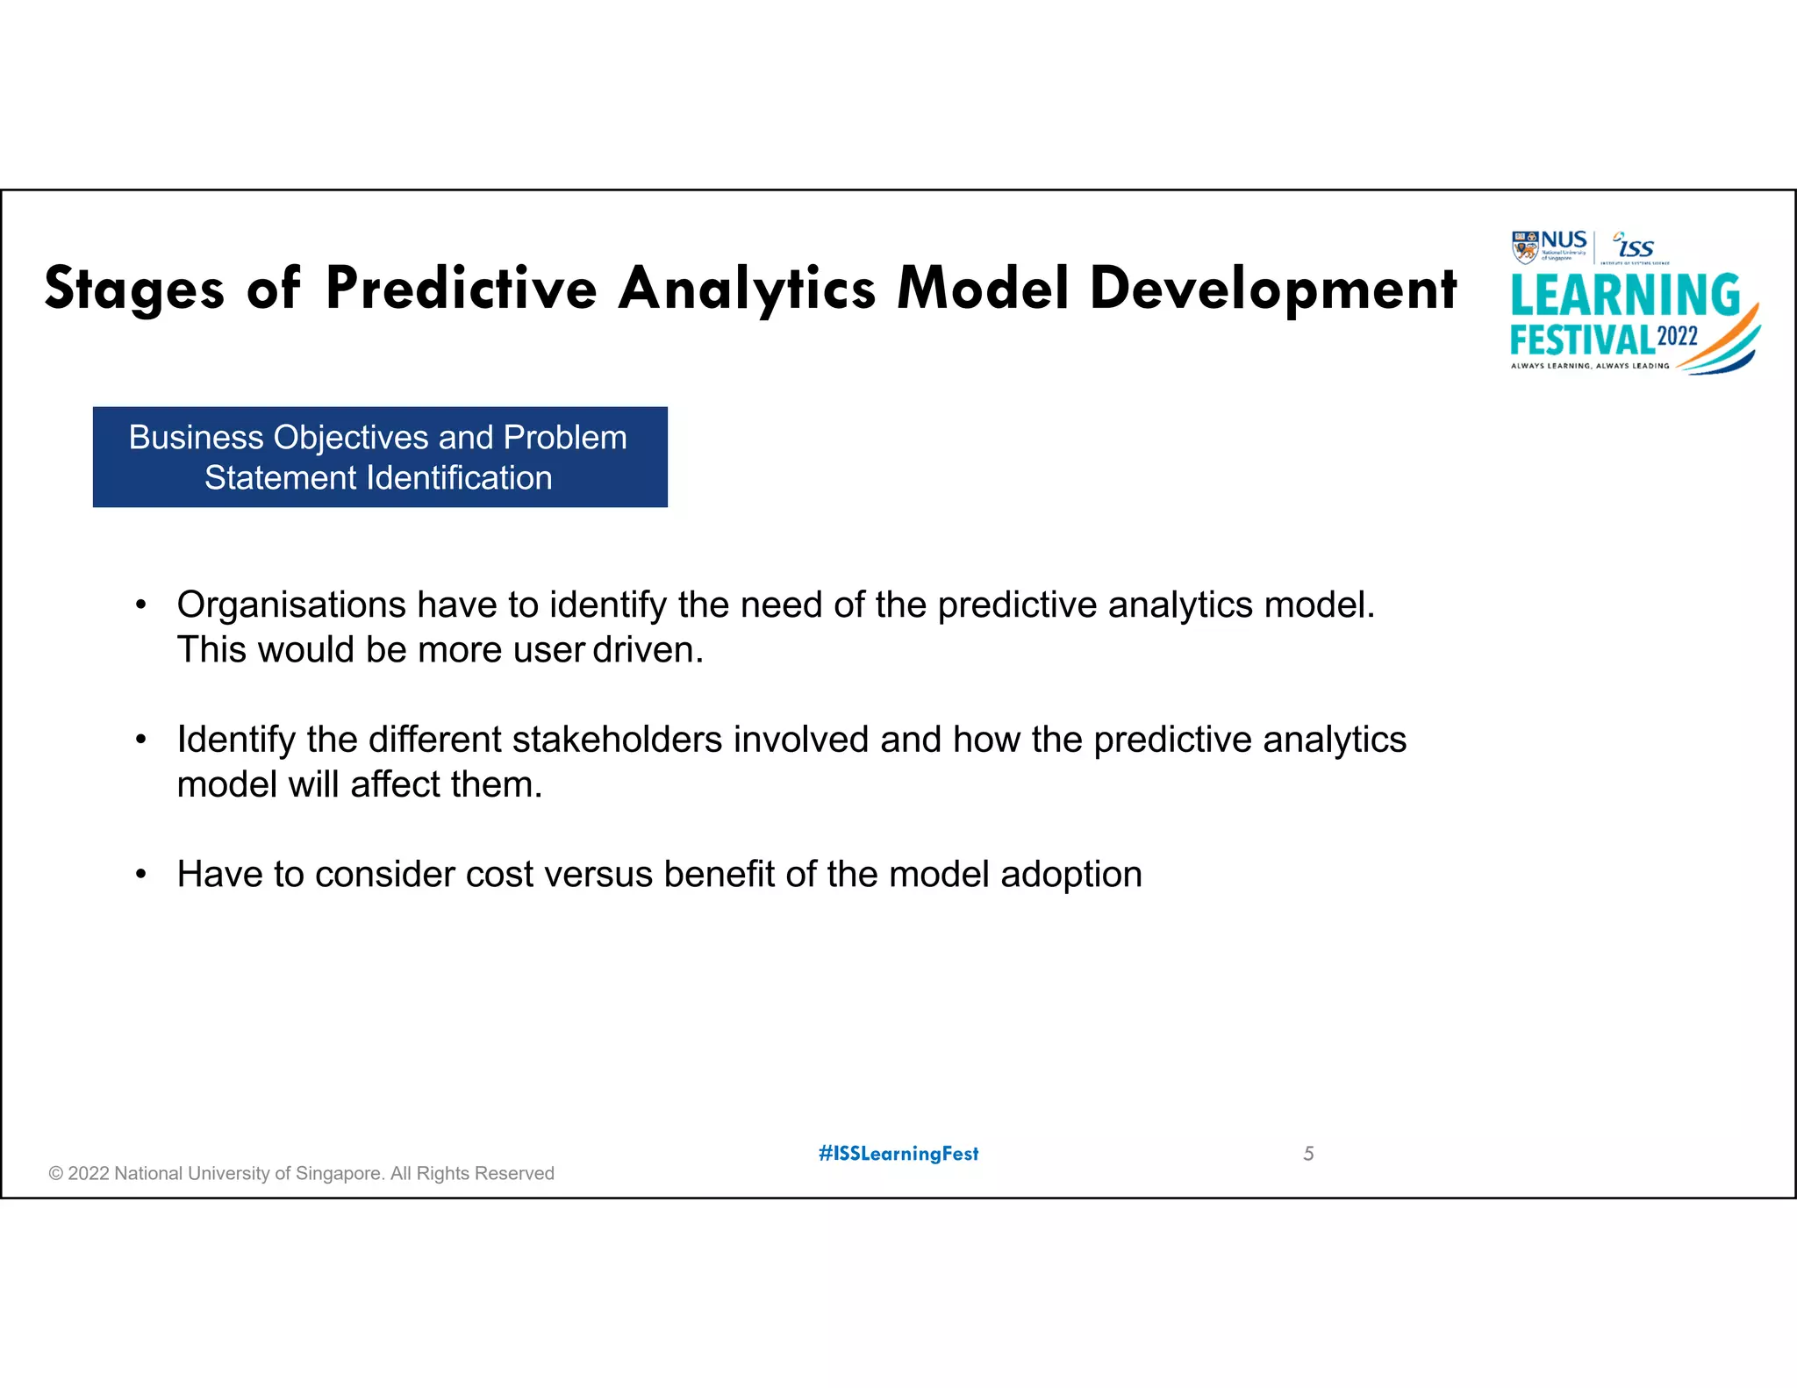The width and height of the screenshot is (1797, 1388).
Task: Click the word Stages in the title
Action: click(x=134, y=289)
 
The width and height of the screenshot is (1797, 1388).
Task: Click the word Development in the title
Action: click(x=1273, y=289)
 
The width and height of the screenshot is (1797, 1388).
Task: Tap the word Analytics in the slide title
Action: click(x=747, y=289)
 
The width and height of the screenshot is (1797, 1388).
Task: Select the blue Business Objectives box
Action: click(x=380, y=457)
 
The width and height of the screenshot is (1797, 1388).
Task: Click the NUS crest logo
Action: click(x=1525, y=247)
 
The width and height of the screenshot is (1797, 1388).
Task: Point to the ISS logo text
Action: click(x=1636, y=248)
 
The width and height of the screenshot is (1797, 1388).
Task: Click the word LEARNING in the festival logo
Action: click(x=1624, y=296)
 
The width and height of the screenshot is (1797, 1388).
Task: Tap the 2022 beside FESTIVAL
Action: click(x=1677, y=337)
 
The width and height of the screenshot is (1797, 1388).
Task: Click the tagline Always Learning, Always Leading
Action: click(x=1589, y=366)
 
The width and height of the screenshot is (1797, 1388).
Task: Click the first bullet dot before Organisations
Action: click(x=140, y=605)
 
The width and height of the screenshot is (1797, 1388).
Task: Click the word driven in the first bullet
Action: click(x=648, y=650)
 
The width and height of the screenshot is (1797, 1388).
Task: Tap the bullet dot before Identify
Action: click(x=140, y=740)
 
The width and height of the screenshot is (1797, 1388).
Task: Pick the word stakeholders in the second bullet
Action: click(x=617, y=740)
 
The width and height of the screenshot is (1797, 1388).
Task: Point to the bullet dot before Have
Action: click(x=140, y=875)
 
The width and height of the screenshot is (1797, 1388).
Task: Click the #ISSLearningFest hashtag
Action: click(x=898, y=1154)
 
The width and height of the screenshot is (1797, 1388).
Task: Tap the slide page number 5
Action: click(x=1308, y=1154)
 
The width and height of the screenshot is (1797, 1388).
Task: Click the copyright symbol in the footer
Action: click(x=56, y=1174)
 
